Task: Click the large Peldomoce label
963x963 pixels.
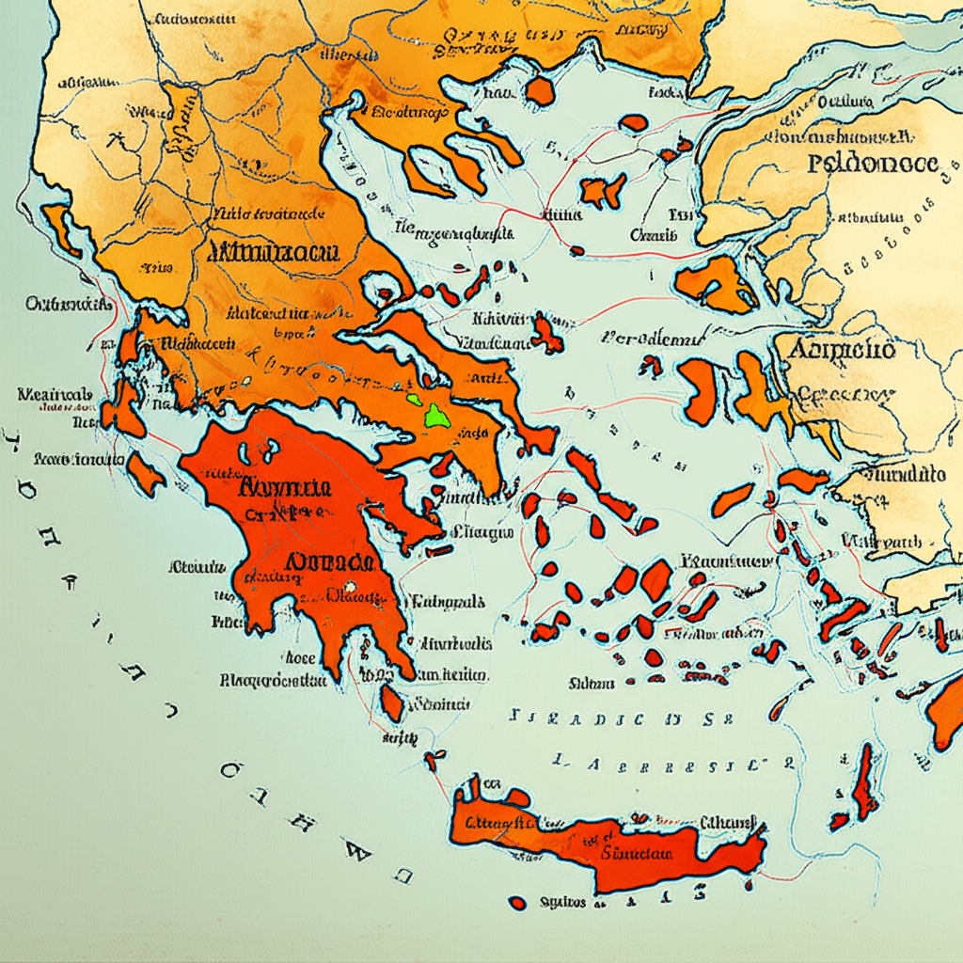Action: coord(873,163)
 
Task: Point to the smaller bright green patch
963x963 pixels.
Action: coord(413,399)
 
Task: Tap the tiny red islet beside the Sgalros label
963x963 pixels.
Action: coord(516,904)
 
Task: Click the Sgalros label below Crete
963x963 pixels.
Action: coord(563,903)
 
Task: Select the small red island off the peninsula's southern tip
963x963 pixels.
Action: coord(392,702)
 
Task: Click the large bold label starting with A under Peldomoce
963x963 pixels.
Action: coord(840,351)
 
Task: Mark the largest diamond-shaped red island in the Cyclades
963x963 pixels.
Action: coord(655,579)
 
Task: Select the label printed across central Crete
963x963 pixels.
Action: coord(637,853)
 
